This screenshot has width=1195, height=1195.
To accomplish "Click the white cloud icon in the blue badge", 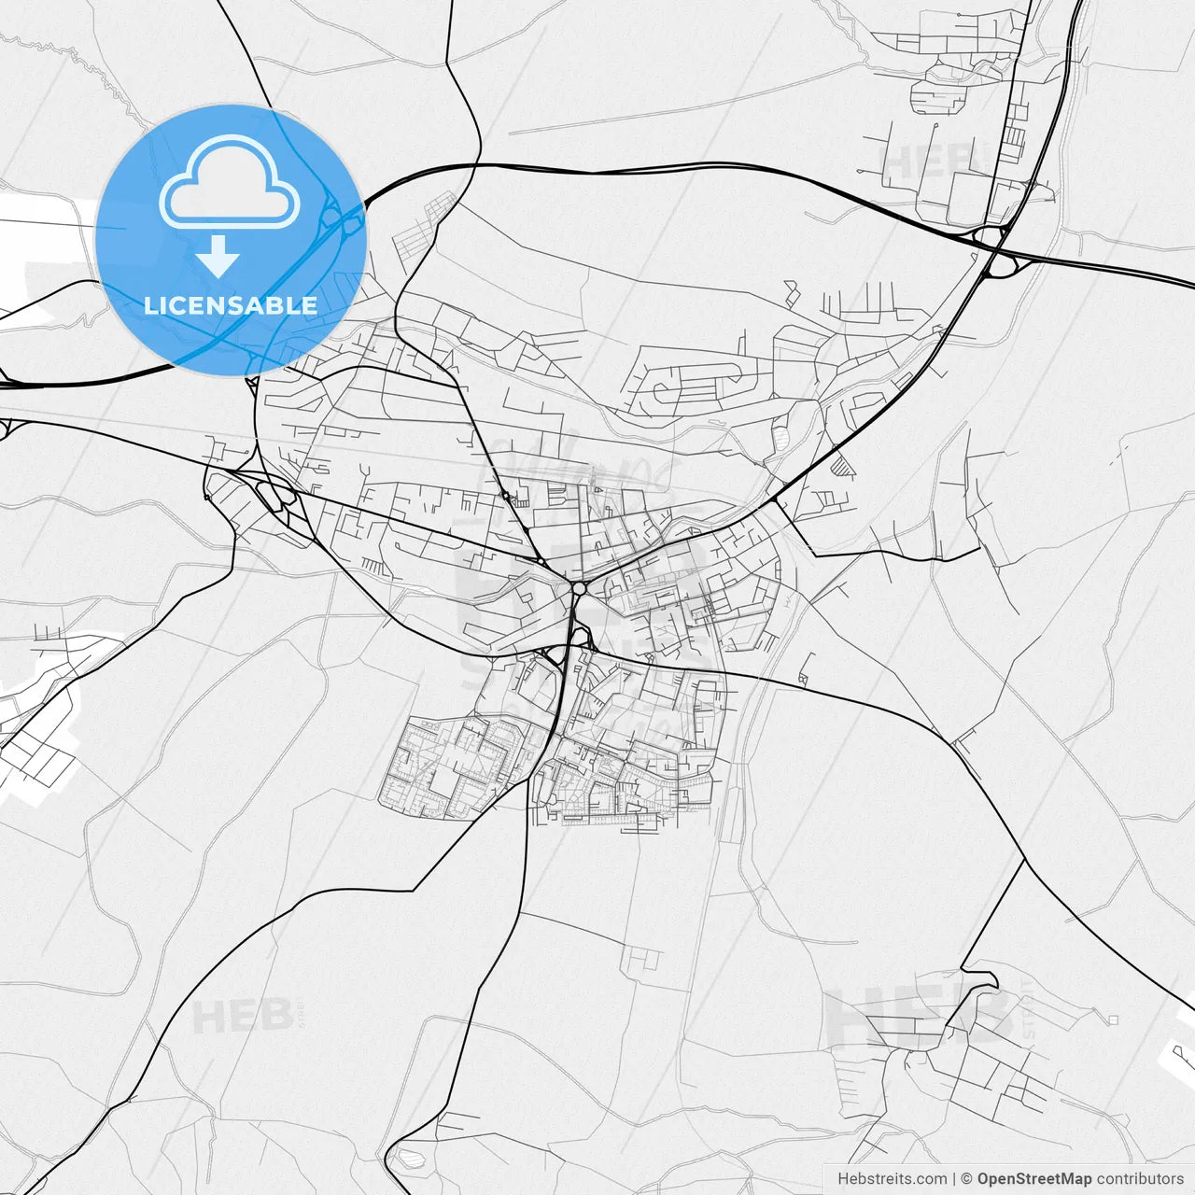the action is [x=230, y=182].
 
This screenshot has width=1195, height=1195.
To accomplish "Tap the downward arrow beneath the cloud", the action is [x=218, y=256].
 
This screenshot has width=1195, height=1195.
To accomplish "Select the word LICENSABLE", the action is [x=231, y=305].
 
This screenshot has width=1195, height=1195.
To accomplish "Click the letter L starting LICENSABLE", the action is [x=149, y=305].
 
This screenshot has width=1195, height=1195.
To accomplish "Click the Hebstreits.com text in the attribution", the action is [x=892, y=1179].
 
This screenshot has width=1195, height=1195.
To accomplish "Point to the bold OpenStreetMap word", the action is [x=1034, y=1179].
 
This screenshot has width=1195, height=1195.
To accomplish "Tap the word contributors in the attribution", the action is [x=1140, y=1179].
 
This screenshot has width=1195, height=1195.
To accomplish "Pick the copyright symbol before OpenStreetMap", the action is [x=967, y=1179].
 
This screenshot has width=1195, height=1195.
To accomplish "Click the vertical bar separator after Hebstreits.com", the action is [x=954, y=1179].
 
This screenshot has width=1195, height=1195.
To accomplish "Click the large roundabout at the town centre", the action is [x=580, y=588].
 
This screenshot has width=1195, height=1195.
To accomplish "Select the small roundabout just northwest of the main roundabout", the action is [x=541, y=560].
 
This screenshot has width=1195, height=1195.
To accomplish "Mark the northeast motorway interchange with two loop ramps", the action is [x=995, y=247].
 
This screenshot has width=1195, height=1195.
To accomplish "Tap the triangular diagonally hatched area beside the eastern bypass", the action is [x=842, y=465].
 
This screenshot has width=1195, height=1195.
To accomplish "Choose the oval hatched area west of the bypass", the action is [x=781, y=433].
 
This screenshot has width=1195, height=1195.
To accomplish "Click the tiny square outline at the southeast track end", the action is [x=1113, y=1019].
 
